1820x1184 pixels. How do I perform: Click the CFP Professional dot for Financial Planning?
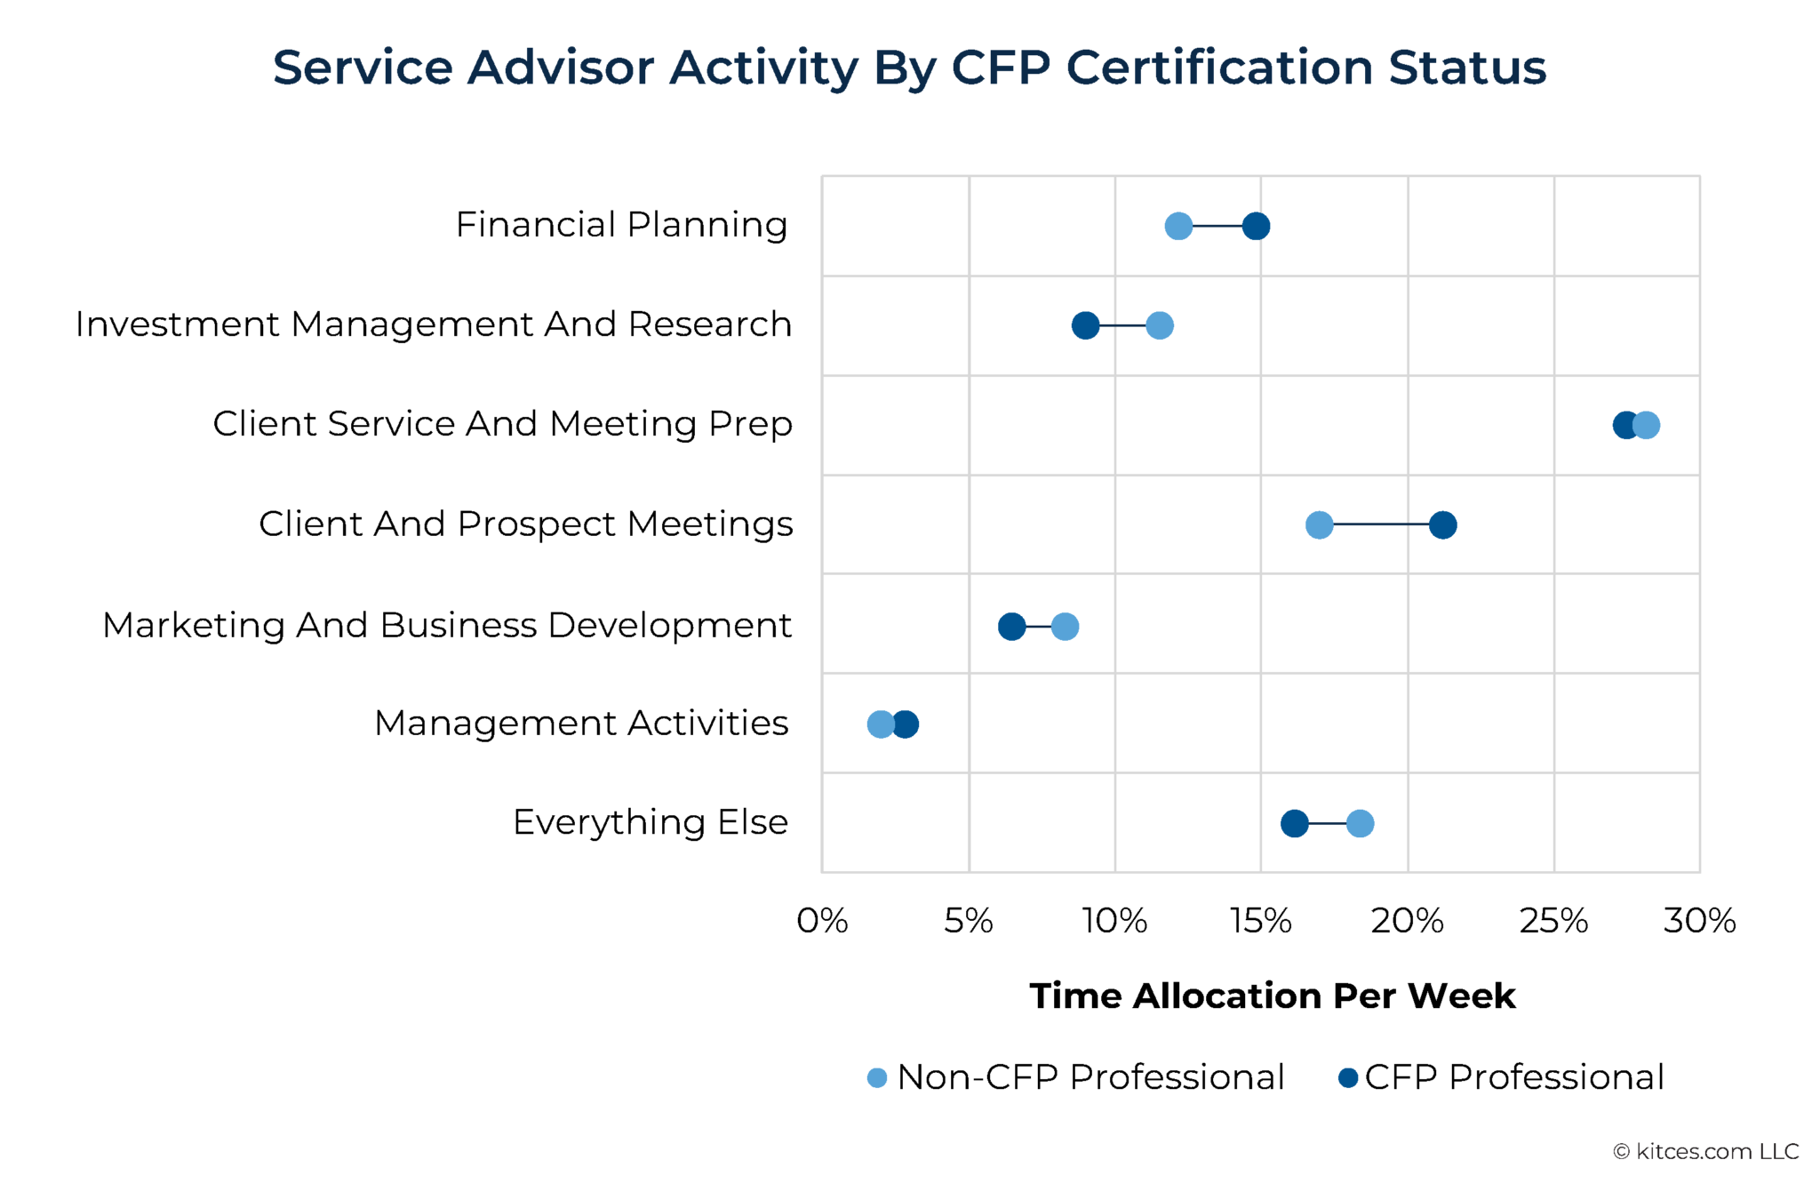point(1255,226)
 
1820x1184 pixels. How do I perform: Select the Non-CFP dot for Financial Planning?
point(1177,226)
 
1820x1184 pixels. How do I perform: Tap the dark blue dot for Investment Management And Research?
point(1084,325)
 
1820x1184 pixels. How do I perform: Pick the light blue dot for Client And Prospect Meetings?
point(1319,524)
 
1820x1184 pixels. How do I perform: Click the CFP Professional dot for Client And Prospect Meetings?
point(1442,524)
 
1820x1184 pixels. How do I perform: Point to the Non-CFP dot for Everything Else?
point(1360,823)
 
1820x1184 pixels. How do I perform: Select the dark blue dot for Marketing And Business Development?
point(1010,626)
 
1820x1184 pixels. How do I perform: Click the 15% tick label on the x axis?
point(1260,921)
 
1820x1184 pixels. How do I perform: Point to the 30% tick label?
point(1699,921)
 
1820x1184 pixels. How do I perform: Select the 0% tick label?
point(822,921)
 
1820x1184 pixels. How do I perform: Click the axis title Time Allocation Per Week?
point(1272,996)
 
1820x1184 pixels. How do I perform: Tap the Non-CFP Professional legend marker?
point(877,1077)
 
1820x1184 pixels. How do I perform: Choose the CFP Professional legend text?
point(1513,1077)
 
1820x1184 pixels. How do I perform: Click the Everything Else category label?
point(650,822)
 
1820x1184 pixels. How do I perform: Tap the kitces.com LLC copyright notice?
point(1705,1151)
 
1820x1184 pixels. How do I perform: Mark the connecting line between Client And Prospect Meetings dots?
point(1380,524)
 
